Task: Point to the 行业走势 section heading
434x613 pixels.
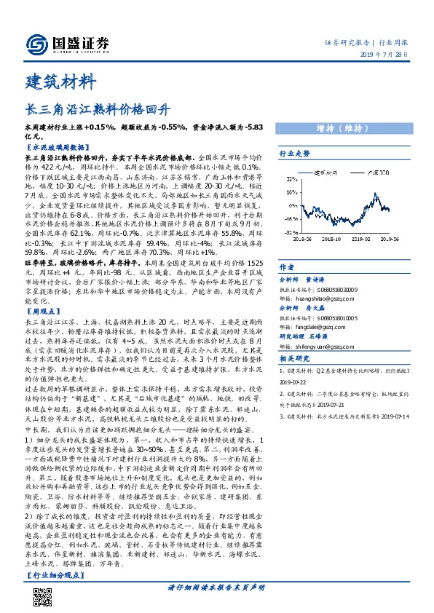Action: [x=295, y=154]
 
